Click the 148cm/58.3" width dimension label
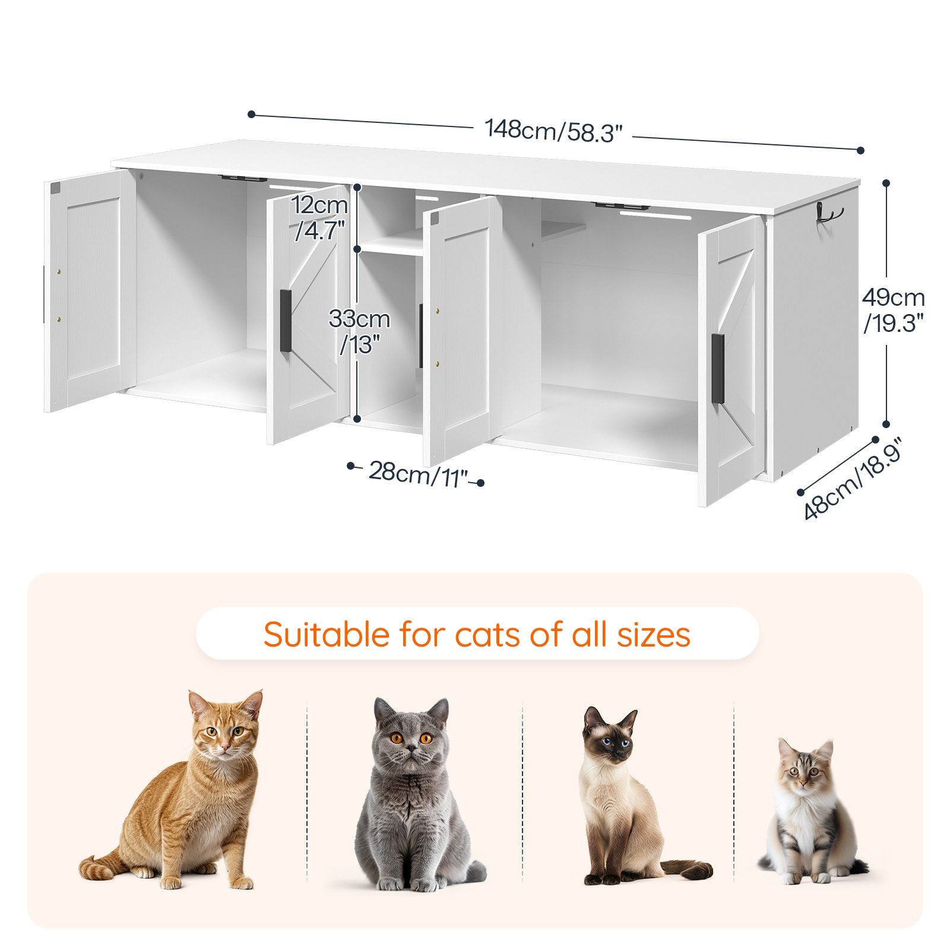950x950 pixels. [553, 131]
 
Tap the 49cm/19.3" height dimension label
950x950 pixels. [894, 310]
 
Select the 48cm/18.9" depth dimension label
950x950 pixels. [853, 478]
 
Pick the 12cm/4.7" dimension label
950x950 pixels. [319, 217]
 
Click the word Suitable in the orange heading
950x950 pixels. [326, 634]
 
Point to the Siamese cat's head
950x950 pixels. [611, 735]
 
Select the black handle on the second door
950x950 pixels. [286, 321]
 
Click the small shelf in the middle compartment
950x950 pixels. [392, 245]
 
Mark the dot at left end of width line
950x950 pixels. [252, 114]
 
